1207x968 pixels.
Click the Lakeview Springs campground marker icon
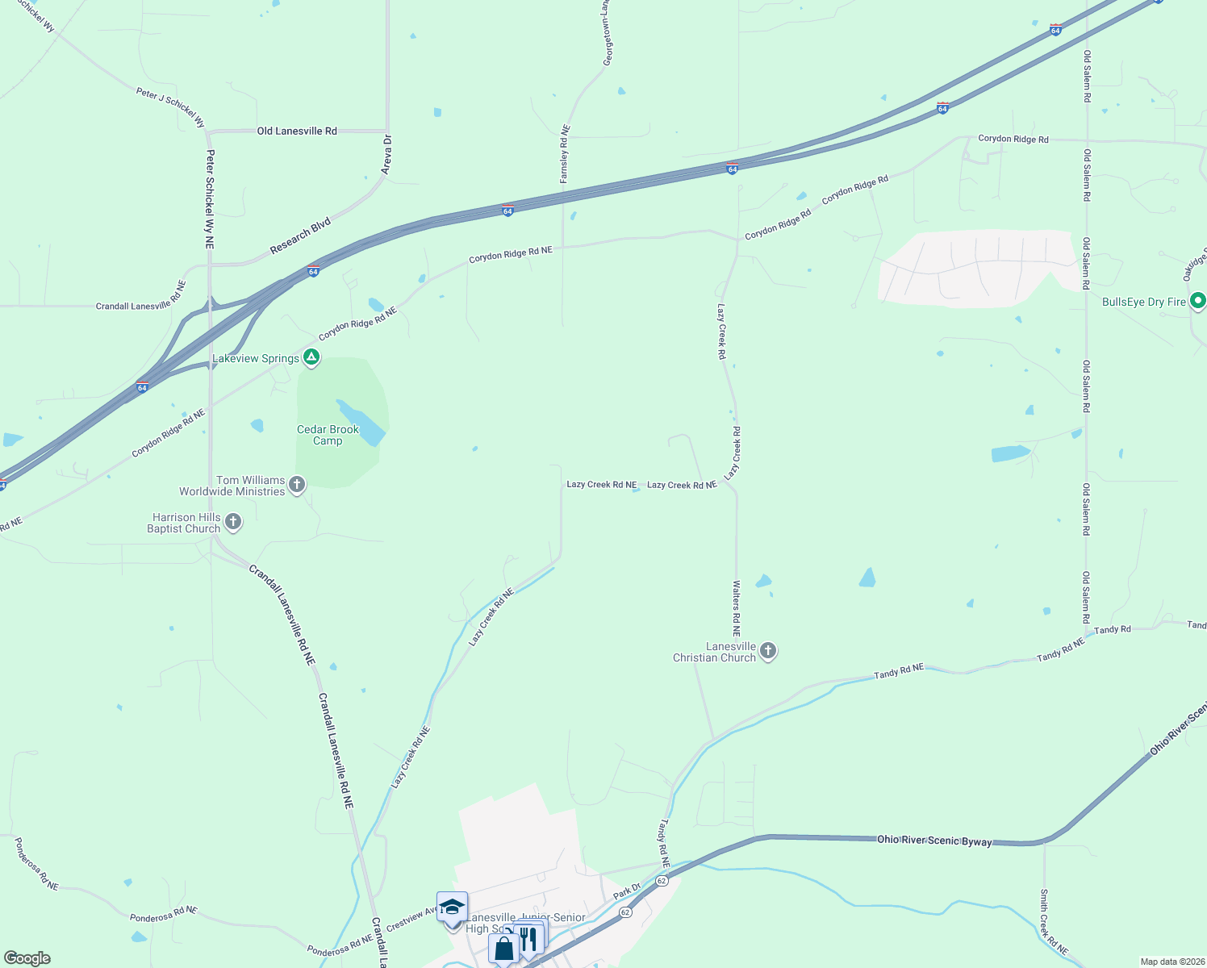311,357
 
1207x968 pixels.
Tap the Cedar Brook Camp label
328,435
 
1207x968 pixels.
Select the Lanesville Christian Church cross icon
768,650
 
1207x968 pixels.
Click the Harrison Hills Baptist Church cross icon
233,522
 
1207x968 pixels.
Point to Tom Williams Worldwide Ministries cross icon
297,484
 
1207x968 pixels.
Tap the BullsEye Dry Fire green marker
1198,301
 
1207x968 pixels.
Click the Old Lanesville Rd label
297,131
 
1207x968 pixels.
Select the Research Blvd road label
300,236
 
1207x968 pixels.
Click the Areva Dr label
386,155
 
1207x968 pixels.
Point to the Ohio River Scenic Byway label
934,841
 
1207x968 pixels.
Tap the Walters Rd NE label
736,608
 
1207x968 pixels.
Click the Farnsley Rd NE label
565,153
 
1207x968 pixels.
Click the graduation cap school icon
452,907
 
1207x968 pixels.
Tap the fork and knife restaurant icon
528,938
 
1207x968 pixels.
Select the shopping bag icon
503,948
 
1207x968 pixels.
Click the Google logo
27,958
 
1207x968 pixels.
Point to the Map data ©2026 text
1171,962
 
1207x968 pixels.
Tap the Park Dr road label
626,891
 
